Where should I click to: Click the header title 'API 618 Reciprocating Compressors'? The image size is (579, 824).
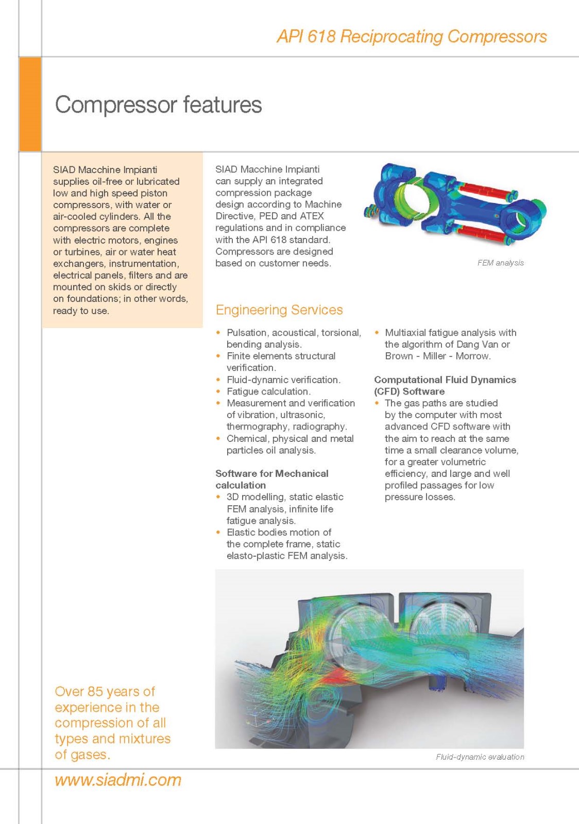tap(412, 37)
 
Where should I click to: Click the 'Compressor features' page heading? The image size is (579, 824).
tap(158, 105)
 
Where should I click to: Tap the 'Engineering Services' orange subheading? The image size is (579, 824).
tap(279, 310)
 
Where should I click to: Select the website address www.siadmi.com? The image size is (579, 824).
tap(118, 780)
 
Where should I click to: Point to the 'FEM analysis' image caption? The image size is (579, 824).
tap(500, 263)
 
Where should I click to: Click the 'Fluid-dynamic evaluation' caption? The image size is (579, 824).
tap(480, 757)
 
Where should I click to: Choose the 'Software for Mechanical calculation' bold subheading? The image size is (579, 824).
tap(271, 479)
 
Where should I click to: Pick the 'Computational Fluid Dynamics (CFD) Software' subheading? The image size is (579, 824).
tap(445, 385)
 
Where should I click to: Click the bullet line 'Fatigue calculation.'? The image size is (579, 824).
tap(268, 391)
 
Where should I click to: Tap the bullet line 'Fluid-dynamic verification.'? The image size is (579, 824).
tap(283, 380)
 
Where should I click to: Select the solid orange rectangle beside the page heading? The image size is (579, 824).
tap(30, 104)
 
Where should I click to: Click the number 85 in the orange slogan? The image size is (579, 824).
tap(95, 692)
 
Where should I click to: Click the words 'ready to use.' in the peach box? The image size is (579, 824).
tap(81, 311)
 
